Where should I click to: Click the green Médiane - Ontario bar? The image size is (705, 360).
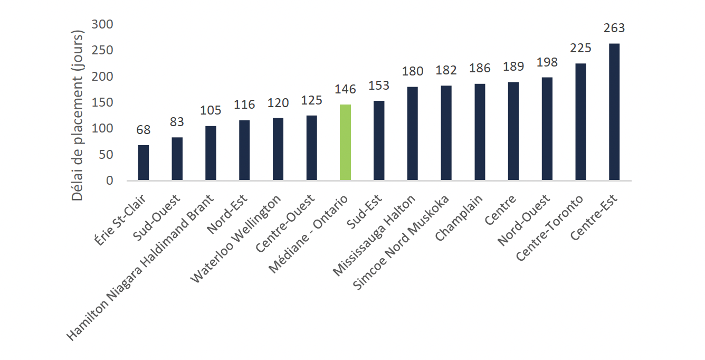[x=345, y=143]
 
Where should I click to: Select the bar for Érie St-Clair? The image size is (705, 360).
[x=144, y=163]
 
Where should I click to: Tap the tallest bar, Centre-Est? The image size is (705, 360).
[x=614, y=112]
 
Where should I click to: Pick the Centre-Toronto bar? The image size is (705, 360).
[x=580, y=122]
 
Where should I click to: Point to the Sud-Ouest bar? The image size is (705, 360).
[x=177, y=159]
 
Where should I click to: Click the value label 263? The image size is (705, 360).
[x=614, y=28]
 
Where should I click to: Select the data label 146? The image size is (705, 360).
[x=345, y=89]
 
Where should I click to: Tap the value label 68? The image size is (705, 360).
[x=144, y=130]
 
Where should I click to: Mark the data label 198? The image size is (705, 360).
[x=547, y=62]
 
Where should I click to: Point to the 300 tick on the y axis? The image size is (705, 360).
[x=102, y=24]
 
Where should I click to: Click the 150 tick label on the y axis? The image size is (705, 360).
[x=102, y=102]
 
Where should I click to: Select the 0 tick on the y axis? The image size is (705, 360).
[x=109, y=181]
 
